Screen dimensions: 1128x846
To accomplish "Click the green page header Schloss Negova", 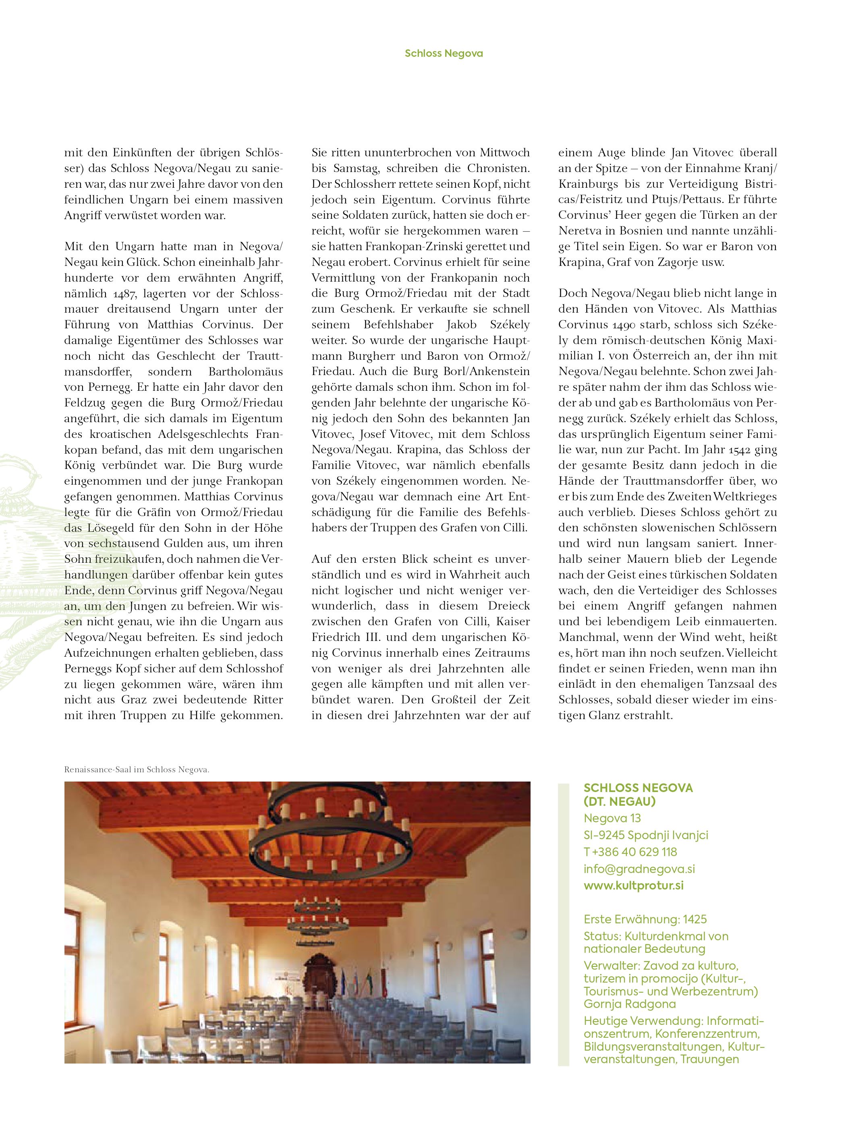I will [x=443, y=53].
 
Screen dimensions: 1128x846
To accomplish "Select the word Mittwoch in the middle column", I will [x=504, y=152].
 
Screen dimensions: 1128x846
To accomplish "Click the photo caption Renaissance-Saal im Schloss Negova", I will [x=137, y=769].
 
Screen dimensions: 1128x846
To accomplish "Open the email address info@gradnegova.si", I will [x=639, y=869].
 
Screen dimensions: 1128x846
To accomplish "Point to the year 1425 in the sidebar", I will [x=695, y=919].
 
